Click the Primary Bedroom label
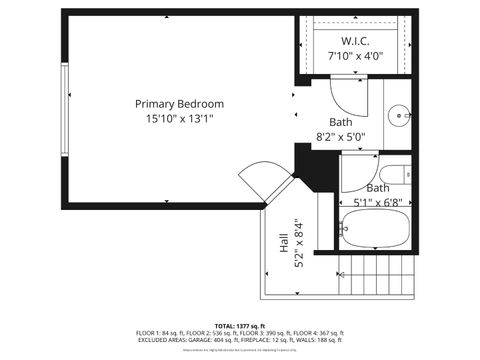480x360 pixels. pos(180,104)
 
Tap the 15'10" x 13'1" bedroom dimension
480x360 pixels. pos(180,118)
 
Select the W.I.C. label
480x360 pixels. pos(355,41)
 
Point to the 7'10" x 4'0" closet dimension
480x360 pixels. pos(355,56)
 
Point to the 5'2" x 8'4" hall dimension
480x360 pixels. pos(297,242)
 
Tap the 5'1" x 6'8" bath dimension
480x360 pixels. pos(378,202)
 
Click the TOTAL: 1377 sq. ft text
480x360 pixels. pos(240,326)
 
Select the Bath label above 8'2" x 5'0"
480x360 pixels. pos(342,122)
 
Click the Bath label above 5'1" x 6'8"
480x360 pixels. pos(378,188)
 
